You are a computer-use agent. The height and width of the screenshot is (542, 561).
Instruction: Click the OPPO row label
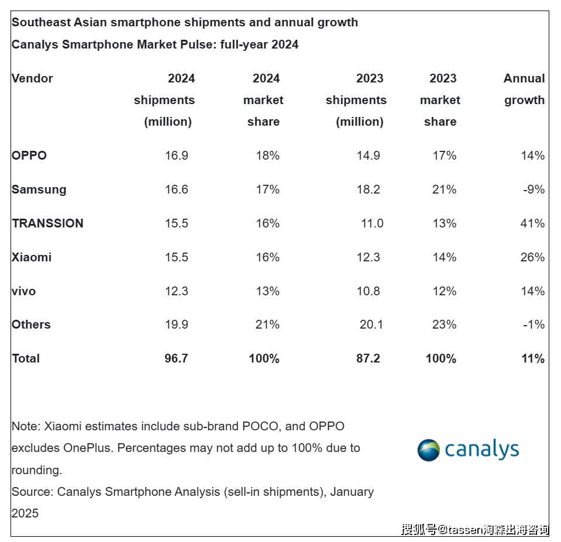pyautogui.click(x=29, y=156)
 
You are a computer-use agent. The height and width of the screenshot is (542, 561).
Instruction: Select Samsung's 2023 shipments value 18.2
pyautogui.click(x=369, y=189)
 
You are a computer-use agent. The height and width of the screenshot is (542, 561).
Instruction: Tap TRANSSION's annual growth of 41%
pyautogui.click(x=532, y=223)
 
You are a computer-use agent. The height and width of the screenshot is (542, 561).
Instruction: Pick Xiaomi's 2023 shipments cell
pyautogui.click(x=369, y=257)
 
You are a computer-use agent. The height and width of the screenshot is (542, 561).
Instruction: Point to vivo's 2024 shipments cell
pyautogui.click(x=176, y=291)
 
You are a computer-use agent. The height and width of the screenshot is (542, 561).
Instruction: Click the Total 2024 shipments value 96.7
pyautogui.click(x=176, y=358)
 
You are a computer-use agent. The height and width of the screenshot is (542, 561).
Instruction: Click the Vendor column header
pyautogui.click(x=32, y=78)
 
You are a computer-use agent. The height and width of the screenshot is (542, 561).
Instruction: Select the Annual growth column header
pyautogui.click(x=524, y=89)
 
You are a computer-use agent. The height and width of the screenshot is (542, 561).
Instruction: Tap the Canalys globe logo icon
pyautogui.click(x=428, y=450)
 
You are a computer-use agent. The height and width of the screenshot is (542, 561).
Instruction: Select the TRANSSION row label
pyautogui.click(x=47, y=223)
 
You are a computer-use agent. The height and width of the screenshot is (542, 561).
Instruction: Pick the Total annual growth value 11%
pyautogui.click(x=533, y=358)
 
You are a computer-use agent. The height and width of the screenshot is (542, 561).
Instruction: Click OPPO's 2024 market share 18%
pyautogui.click(x=267, y=156)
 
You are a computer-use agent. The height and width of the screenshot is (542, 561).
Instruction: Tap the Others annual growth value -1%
pyautogui.click(x=534, y=324)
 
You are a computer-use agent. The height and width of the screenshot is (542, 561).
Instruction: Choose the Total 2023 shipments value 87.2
pyautogui.click(x=368, y=358)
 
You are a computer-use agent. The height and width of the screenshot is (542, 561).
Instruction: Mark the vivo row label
pyautogui.click(x=23, y=291)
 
